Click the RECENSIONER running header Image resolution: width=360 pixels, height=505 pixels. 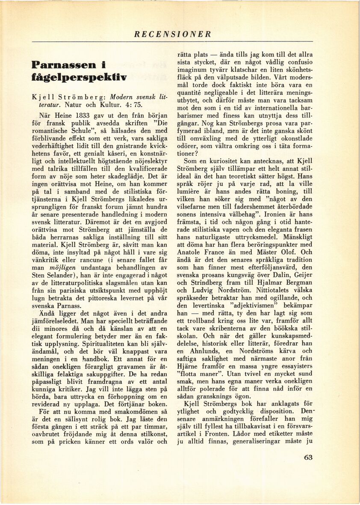tap(173, 34)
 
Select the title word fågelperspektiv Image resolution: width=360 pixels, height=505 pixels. tap(79, 78)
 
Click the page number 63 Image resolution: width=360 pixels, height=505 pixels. tap(308, 457)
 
